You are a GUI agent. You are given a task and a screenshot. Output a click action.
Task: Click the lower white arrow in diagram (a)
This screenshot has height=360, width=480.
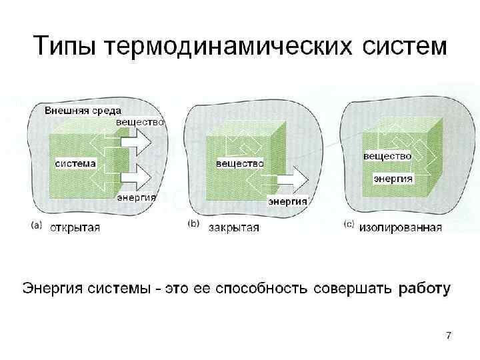(x=137, y=178)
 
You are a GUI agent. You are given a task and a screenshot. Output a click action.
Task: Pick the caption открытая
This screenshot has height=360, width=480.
(x=75, y=227)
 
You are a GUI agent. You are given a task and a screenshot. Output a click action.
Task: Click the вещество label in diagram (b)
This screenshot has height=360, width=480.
(x=239, y=163)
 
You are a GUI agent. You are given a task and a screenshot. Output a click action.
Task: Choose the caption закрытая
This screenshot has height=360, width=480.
(x=233, y=227)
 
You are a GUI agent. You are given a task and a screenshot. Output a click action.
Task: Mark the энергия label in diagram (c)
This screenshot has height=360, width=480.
(x=393, y=179)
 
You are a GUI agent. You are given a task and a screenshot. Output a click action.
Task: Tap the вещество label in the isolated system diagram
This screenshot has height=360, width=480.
(x=387, y=156)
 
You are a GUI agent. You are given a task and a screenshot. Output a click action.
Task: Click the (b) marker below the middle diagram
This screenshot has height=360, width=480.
(x=193, y=225)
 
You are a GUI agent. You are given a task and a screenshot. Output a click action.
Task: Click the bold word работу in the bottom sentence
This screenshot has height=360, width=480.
(x=425, y=289)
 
